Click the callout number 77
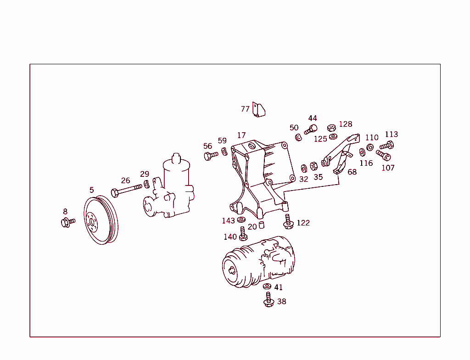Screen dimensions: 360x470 (x=245, y=109)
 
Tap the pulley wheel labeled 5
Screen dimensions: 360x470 (x=101, y=221)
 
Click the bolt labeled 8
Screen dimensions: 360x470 (x=67, y=223)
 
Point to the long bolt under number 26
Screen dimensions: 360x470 (x=126, y=190)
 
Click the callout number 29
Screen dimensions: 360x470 (x=145, y=174)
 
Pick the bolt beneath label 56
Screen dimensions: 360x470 (x=211, y=156)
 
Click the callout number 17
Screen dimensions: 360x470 (x=241, y=135)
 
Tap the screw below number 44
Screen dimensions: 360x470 (x=311, y=129)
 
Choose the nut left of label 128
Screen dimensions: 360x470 (x=332, y=127)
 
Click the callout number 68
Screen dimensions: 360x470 (x=352, y=172)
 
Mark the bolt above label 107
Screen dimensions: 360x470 (x=383, y=155)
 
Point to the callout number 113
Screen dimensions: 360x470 (x=391, y=134)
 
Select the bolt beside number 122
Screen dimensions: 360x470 (x=288, y=222)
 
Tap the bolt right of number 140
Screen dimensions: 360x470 (x=243, y=234)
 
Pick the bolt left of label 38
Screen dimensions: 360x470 (x=269, y=301)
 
